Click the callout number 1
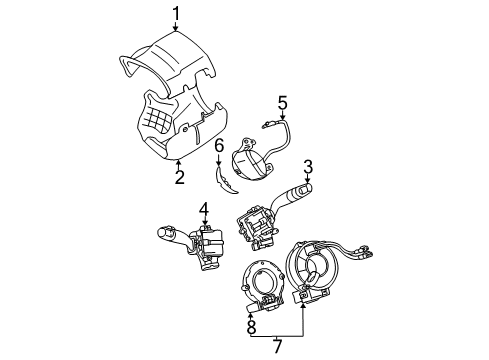click(177, 13)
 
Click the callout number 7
click(278, 345)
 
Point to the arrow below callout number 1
click(177, 28)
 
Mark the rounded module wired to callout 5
click(250, 160)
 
